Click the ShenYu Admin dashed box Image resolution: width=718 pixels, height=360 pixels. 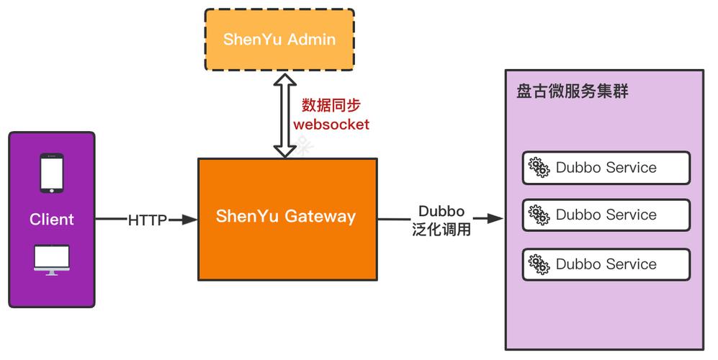click(x=279, y=40)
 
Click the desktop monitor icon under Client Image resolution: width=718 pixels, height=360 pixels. click(x=52, y=260)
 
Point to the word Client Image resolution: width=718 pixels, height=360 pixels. click(x=52, y=220)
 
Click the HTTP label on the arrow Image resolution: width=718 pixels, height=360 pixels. click(x=148, y=220)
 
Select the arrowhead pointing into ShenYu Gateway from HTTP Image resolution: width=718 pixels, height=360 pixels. click(x=189, y=220)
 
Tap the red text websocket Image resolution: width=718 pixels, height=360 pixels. click(x=331, y=124)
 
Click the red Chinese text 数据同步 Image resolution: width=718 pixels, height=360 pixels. click(x=331, y=105)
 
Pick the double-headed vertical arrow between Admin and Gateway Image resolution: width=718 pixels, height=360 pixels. click(x=285, y=114)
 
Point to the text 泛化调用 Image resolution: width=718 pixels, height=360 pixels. click(x=441, y=230)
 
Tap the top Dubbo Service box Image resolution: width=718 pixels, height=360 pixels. click(x=606, y=168)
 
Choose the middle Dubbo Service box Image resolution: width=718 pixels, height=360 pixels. click(x=606, y=215)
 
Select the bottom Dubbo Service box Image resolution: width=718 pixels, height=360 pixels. click(x=606, y=264)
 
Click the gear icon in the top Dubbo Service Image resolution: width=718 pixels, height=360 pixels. click(x=539, y=168)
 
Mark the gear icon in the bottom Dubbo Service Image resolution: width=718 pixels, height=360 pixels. click(x=539, y=264)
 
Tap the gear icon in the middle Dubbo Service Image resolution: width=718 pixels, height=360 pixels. click(x=539, y=215)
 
